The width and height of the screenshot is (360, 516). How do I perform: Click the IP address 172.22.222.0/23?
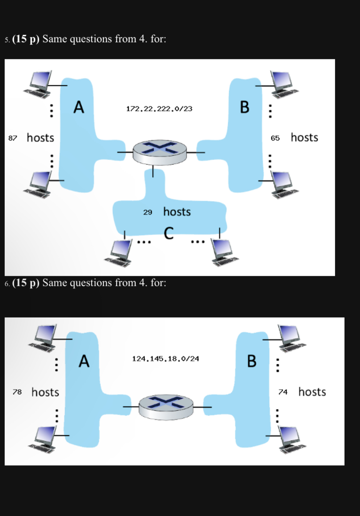(x=159, y=109)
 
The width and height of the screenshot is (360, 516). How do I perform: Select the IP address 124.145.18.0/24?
(x=165, y=358)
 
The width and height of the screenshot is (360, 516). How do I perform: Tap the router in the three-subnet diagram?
(x=159, y=151)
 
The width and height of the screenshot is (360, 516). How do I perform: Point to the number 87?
(x=13, y=138)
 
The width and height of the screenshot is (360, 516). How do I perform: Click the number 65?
(x=275, y=138)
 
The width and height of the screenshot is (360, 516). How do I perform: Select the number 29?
(x=148, y=212)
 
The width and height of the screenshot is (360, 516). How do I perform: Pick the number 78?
(x=17, y=392)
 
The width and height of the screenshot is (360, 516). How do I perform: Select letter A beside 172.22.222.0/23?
(x=78, y=108)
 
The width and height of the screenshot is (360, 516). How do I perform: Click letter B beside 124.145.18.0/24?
(x=252, y=361)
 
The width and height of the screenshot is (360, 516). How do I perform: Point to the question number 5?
(x=7, y=39)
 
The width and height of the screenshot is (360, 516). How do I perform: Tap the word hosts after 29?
(x=177, y=212)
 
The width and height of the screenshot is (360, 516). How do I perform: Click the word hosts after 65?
(x=304, y=137)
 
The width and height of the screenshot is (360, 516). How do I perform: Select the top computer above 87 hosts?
(x=40, y=83)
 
